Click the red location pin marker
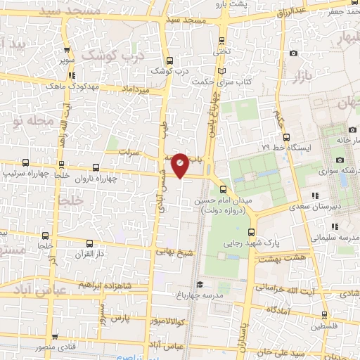click(180, 165)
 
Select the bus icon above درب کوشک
click(169, 60)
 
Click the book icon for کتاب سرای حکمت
click(224, 72)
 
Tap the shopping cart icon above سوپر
click(67, 50)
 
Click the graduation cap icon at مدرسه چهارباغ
click(200, 285)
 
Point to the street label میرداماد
click(136, 91)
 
